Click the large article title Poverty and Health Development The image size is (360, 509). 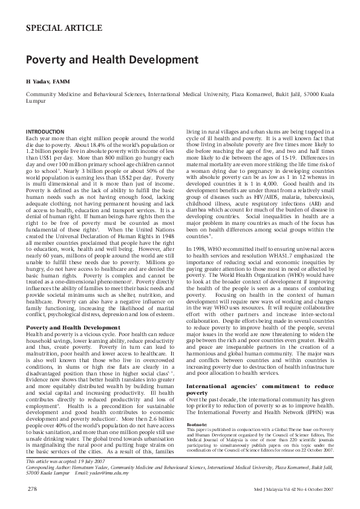coord(112,60)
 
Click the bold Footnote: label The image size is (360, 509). coord(199,407)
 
